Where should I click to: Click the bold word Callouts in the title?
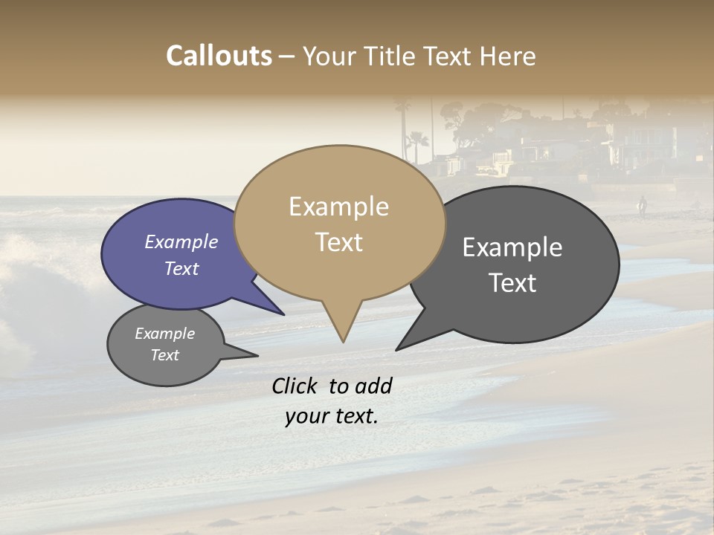pyautogui.click(x=219, y=56)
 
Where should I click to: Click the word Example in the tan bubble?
pyautogui.click(x=338, y=207)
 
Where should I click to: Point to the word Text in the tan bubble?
pyautogui.click(x=339, y=242)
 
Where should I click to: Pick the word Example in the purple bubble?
pyautogui.click(x=181, y=241)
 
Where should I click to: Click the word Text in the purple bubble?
pyautogui.click(x=181, y=268)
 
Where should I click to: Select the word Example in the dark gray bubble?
pyautogui.click(x=512, y=247)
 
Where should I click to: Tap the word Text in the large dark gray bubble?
pyautogui.click(x=512, y=282)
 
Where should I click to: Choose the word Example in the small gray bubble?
pyautogui.click(x=165, y=334)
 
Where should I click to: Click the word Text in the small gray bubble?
pyautogui.click(x=165, y=355)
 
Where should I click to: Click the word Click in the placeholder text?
pyautogui.click(x=296, y=386)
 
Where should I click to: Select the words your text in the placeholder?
pyautogui.click(x=332, y=416)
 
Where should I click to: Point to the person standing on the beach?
pyautogui.click(x=642, y=206)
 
